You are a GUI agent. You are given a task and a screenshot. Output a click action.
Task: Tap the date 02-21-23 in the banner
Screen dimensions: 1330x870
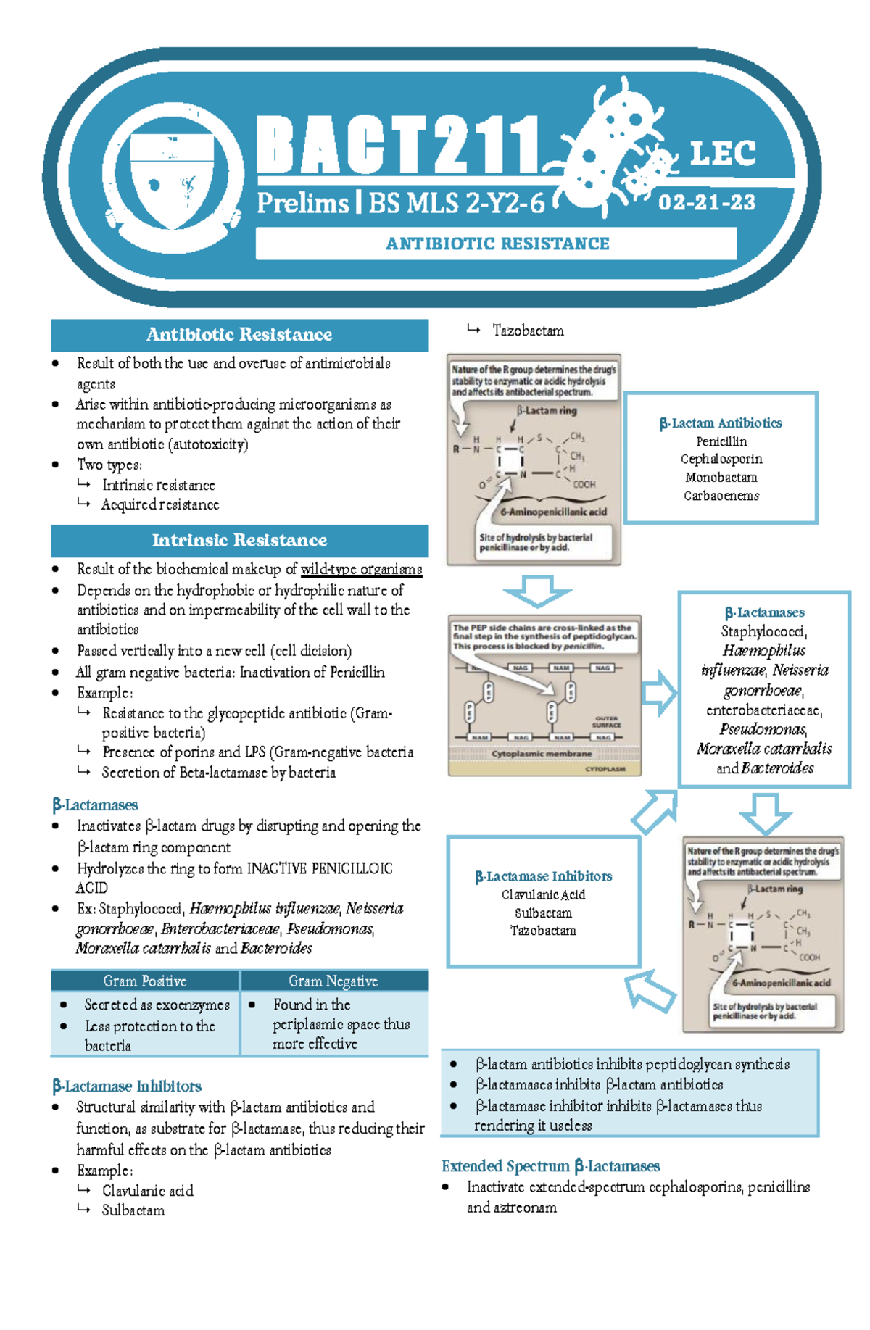706,202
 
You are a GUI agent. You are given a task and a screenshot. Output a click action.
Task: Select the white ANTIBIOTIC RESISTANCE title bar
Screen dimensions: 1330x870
497,244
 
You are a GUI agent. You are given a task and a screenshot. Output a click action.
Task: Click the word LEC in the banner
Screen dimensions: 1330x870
722,154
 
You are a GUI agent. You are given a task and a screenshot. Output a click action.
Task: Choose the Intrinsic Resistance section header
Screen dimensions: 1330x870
239,540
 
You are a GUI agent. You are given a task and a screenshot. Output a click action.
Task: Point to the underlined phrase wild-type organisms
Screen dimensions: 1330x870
361,569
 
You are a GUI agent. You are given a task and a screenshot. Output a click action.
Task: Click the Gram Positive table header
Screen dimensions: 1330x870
145,981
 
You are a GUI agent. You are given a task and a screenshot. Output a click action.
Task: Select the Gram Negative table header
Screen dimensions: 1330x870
333,981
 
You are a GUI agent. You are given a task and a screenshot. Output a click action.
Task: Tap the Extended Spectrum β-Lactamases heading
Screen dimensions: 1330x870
550,1166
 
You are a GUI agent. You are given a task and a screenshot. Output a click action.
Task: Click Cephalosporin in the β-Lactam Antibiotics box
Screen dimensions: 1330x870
721,460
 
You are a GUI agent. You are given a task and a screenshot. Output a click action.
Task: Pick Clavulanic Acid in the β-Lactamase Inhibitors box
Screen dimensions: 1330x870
543,895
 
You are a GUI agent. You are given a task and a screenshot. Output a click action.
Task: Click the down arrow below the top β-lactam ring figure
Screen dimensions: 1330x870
537,591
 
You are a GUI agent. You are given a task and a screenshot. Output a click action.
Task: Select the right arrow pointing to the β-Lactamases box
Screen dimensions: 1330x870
658,694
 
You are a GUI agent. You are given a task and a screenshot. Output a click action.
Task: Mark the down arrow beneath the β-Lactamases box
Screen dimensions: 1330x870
765,813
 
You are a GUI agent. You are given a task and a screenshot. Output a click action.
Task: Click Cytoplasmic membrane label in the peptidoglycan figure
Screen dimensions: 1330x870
542,754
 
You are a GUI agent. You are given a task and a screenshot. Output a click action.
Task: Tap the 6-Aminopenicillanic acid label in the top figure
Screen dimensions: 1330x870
553,512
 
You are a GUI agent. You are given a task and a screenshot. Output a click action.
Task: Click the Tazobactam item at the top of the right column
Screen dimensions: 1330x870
528,331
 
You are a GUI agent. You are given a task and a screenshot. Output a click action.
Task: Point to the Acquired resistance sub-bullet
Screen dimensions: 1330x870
160,504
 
